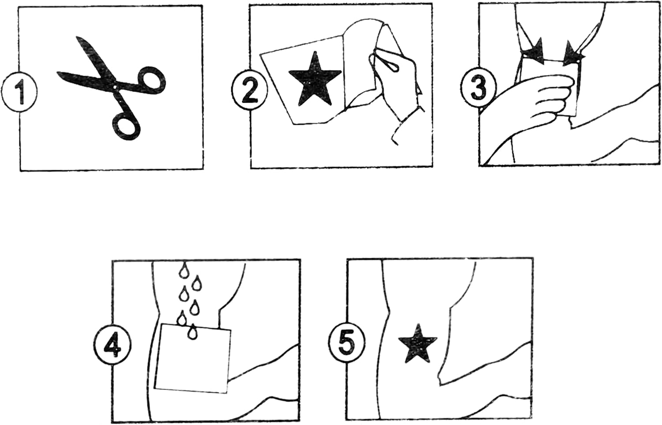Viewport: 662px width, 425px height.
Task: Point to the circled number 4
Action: click(113, 345)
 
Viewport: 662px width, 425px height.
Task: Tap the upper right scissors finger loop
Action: click(151, 80)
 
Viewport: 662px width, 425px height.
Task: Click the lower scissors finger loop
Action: click(126, 126)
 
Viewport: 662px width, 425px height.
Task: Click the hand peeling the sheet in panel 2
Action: click(393, 77)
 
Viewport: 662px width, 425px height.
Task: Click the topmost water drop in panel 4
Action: click(184, 271)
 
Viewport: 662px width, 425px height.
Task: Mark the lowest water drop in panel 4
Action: click(192, 332)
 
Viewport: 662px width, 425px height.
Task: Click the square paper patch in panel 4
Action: click(193, 359)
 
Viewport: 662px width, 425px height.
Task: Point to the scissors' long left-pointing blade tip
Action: click(58, 73)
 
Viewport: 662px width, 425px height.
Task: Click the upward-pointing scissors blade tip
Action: click(77, 37)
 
